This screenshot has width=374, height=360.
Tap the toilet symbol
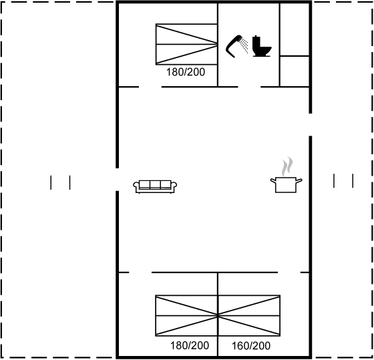pos(261,46)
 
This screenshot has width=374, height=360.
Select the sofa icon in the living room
pos(155,186)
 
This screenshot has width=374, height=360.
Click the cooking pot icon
pos(286,184)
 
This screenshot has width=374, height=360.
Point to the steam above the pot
pos(287,166)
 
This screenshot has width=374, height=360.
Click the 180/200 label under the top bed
pos(186,72)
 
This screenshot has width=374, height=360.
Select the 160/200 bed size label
pos(251,346)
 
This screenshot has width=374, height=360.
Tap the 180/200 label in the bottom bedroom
pos(190,345)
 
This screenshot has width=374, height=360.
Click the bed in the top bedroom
pos(186,44)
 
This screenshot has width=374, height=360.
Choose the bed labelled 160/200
pos(249,315)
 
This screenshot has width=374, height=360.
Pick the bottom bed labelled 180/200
pos(186,315)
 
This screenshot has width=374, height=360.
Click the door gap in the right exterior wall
pos(311,125)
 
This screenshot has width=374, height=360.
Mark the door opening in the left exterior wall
pos(117,180)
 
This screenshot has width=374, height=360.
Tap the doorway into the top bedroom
pos(150,87)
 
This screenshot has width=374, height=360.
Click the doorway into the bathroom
pos(249,87)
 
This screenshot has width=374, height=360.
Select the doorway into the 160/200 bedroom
pos(289,273)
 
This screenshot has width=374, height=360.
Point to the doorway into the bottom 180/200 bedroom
pos(140,273)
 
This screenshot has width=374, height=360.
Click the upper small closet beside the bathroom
pos(295,29)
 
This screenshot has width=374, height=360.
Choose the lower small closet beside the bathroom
pos(295,71)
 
